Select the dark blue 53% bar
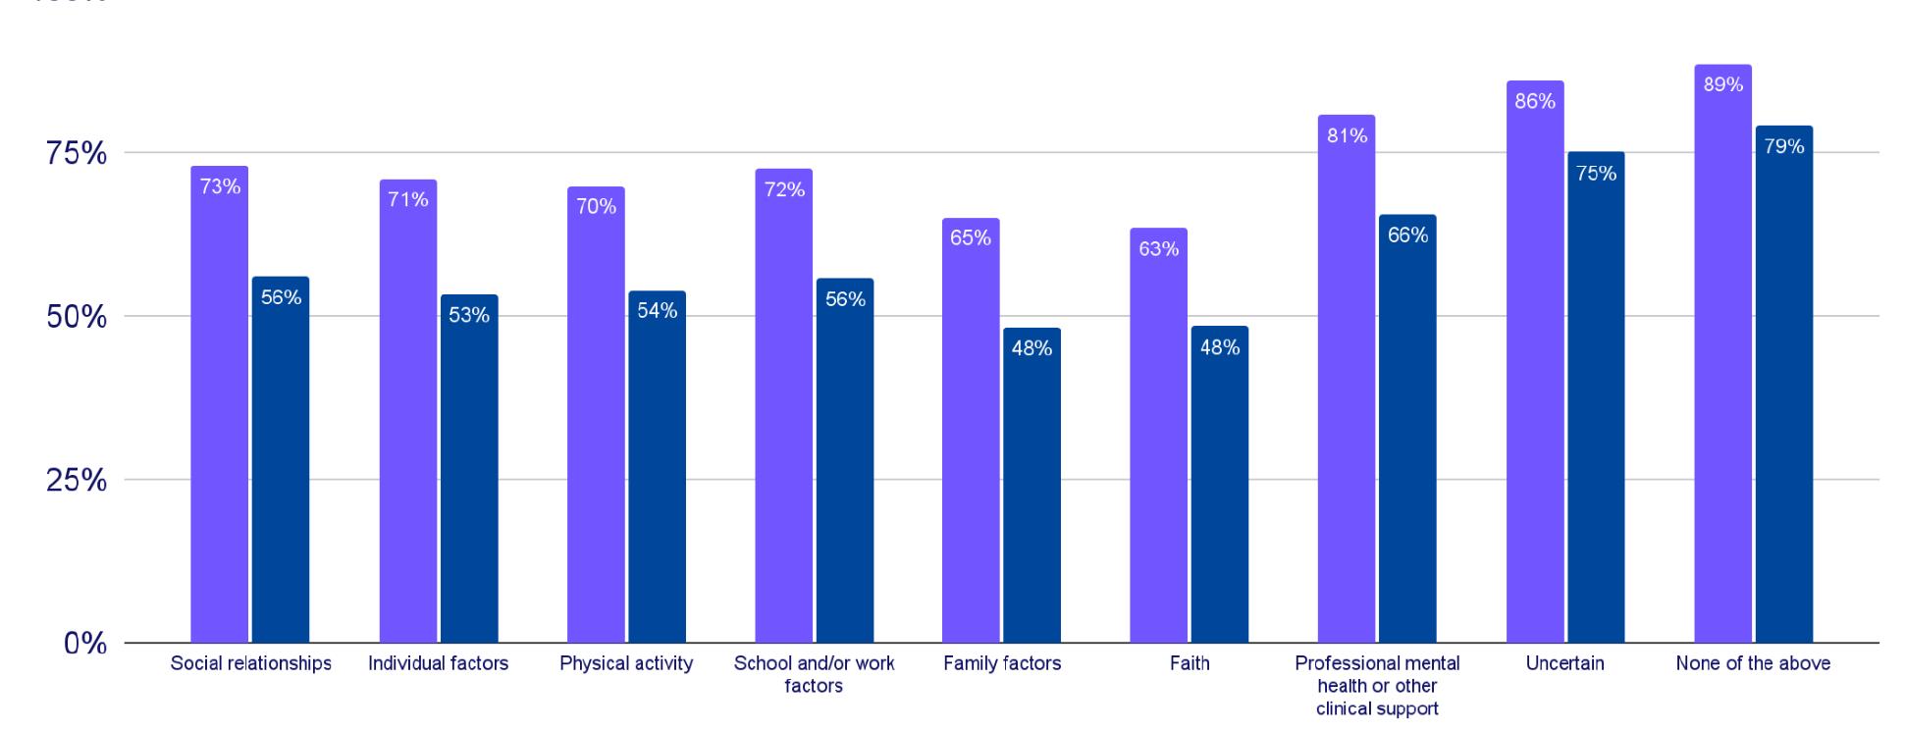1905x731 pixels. [x=469, y=471]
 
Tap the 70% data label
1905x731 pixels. [x=596, y=206]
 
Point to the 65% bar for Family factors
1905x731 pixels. [x=971, y=432]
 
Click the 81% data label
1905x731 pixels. [x=1347, y=136]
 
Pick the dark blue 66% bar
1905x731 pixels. [x=1407, y=432]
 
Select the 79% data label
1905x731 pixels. [x=1783, y=146]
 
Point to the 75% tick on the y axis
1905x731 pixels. [x=77, y=154]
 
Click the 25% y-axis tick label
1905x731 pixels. [x=77, y=481]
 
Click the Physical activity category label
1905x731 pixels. [x=626, y=663]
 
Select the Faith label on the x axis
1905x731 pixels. [x=1190, y=663]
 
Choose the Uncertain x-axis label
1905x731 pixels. [x=1564, y=663]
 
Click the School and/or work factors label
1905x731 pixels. [x=814, y=674]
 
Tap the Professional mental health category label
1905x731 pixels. [x=1377, y=685]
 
